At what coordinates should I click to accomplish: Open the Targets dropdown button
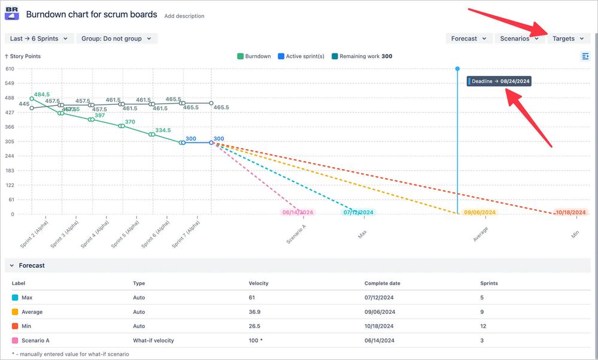[568, 38]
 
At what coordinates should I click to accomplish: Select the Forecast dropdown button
[469, 38]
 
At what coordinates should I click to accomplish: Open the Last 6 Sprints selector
[38, 38]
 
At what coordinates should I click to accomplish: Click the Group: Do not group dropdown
[116, 38]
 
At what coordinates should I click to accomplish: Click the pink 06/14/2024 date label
[298, 213]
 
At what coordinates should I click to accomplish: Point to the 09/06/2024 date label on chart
[479, 213]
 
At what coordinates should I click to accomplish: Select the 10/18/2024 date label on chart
[571, 213]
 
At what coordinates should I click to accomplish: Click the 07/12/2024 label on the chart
[359, 213]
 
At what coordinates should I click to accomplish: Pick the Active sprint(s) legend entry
[300, 56]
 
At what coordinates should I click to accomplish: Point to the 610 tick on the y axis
[10, 69]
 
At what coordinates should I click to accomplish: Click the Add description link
[184, 16]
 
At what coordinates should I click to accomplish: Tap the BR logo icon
[12, 13]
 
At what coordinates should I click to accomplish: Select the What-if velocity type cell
[153, 340]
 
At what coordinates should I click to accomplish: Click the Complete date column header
[382, 283]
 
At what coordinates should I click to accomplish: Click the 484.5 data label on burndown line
[42, 95]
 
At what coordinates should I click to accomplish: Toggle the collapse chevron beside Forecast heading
[12, 265]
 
